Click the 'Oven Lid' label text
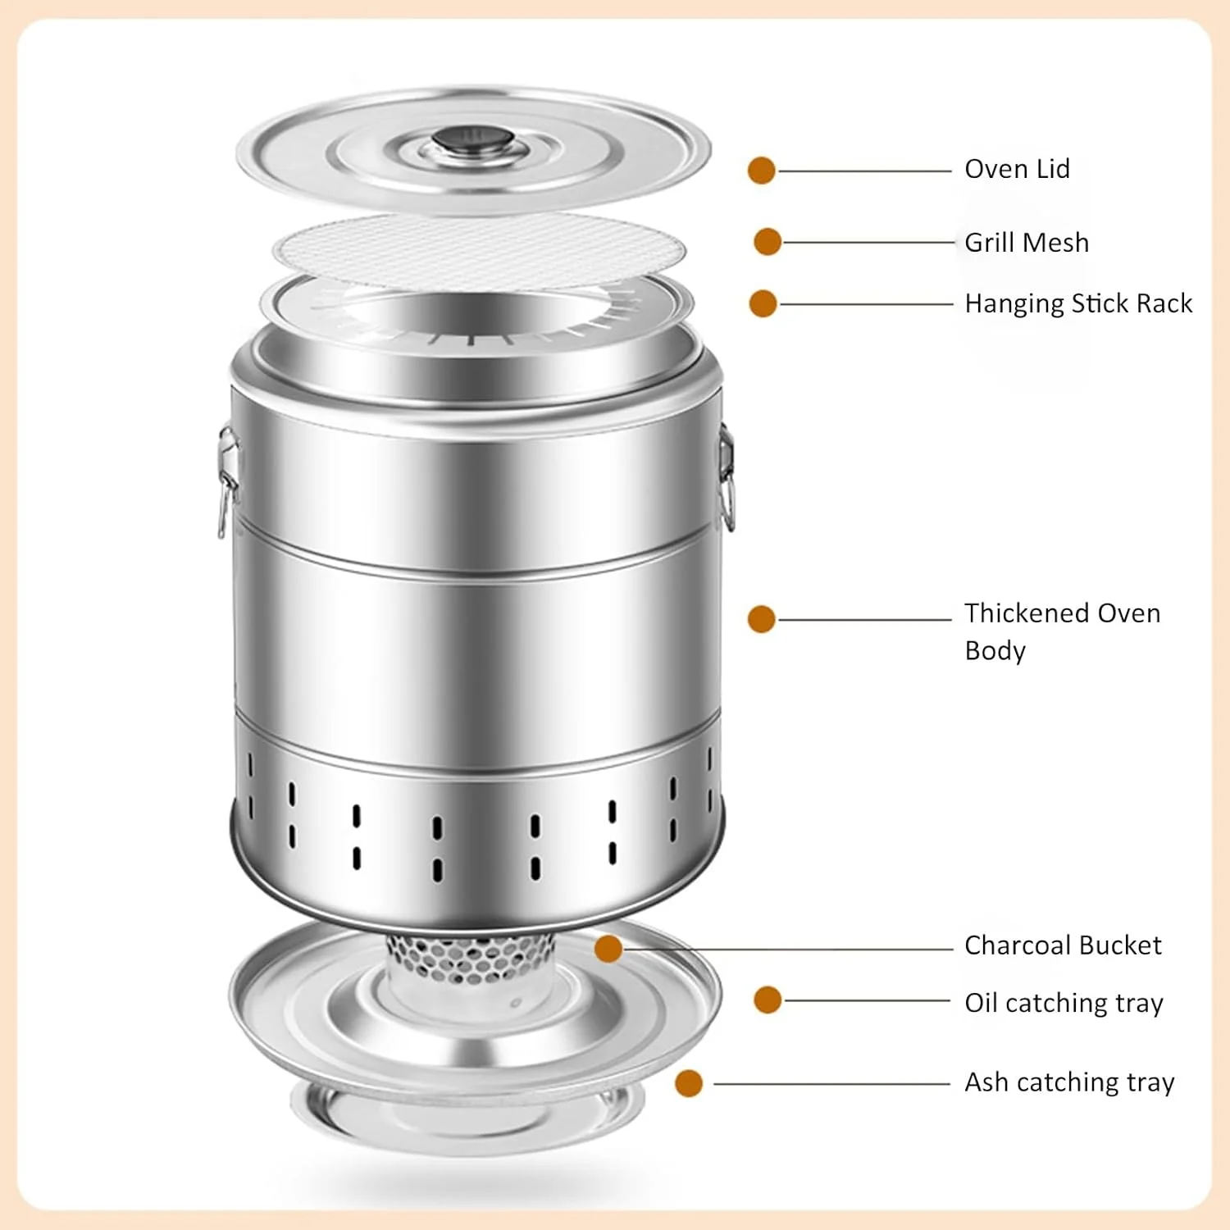(1017, 169)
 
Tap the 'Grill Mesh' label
(1027, 243)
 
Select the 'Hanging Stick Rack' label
(1078, 303)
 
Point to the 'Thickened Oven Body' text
(1063, 631)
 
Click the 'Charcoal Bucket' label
(1063, 945)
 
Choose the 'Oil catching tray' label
(1064, 1003)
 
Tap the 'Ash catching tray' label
(1069, 1082)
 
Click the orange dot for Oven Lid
(762, 171)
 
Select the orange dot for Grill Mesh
(768, 242)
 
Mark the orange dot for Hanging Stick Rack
(763, 303)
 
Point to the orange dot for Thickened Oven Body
(762, 619)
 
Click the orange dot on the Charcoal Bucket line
(608, 949)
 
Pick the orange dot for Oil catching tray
(768, 1000)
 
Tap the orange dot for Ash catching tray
(689, 1083)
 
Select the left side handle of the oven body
(227, 480)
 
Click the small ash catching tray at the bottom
(467, 1115)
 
